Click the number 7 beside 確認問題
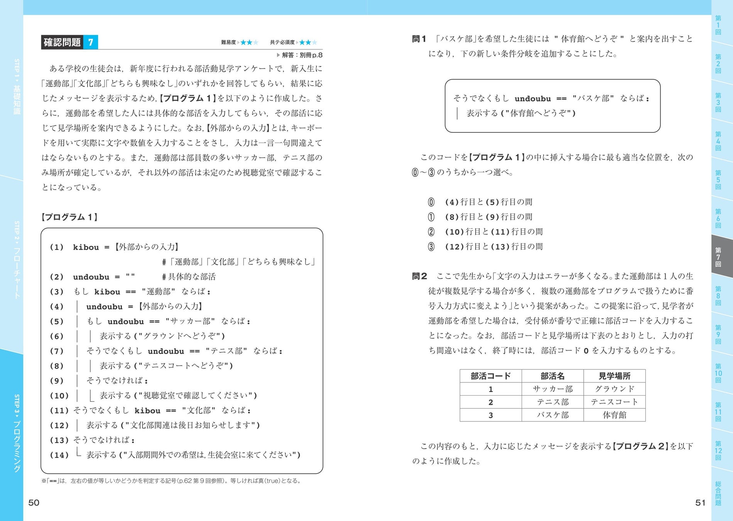click(91, 42)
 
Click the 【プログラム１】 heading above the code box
click(69, 217)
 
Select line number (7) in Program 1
click(57, 351)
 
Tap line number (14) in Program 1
click(59, 455)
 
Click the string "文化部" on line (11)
click(199, 411)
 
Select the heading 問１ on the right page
click(419, 39)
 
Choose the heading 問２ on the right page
click(419, 276)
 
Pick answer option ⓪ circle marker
click(431, 202)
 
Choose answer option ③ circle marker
click(431, 247)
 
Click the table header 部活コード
click(490, 376)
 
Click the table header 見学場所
click(614, 376)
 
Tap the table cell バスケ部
click(552, 415)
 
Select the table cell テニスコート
click(614, 402)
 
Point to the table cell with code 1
click(490, 389)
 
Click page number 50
click(34, 502)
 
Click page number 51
click(700, 502)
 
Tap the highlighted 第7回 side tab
click(718, 257)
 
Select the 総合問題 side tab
click(718, 493)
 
